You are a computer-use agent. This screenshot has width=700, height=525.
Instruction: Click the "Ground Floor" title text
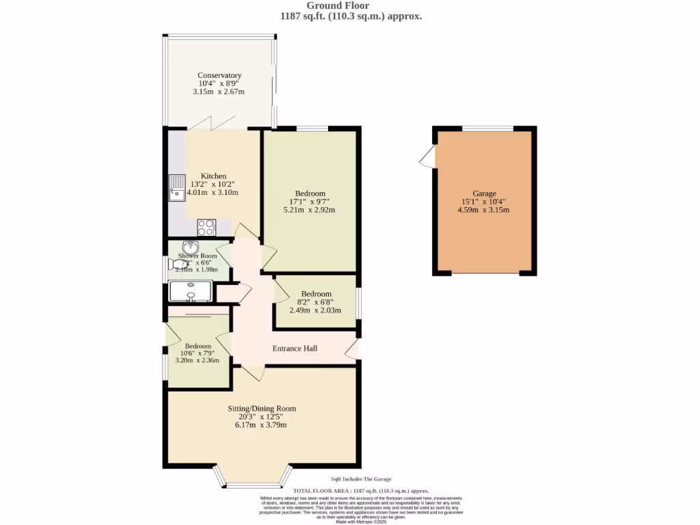pos(347,6)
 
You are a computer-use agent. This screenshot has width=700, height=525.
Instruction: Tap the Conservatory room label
pos(219,75)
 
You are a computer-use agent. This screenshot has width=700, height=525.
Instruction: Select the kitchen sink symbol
pos(177,188)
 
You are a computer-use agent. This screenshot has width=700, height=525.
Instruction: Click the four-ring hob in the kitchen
pos(206,227)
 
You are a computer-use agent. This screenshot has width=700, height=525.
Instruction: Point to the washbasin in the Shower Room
pos(189,247)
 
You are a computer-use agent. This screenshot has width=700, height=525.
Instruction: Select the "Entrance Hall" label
pos(295,349)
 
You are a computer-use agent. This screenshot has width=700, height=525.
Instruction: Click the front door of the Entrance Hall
pos(353,349)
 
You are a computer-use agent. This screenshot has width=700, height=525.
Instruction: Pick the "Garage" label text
pos(484,193)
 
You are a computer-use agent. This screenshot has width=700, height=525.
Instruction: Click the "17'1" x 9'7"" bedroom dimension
pos(310,202)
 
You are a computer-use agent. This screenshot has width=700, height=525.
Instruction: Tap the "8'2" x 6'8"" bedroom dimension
pos(316,302)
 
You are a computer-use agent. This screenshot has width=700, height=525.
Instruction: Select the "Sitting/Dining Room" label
pos(262,409)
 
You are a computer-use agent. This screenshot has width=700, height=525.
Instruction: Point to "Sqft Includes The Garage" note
pos(361,479)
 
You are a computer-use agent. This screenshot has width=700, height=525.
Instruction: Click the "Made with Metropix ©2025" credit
pos(361,522)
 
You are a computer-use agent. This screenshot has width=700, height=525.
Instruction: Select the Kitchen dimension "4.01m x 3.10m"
pos(213,193)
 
